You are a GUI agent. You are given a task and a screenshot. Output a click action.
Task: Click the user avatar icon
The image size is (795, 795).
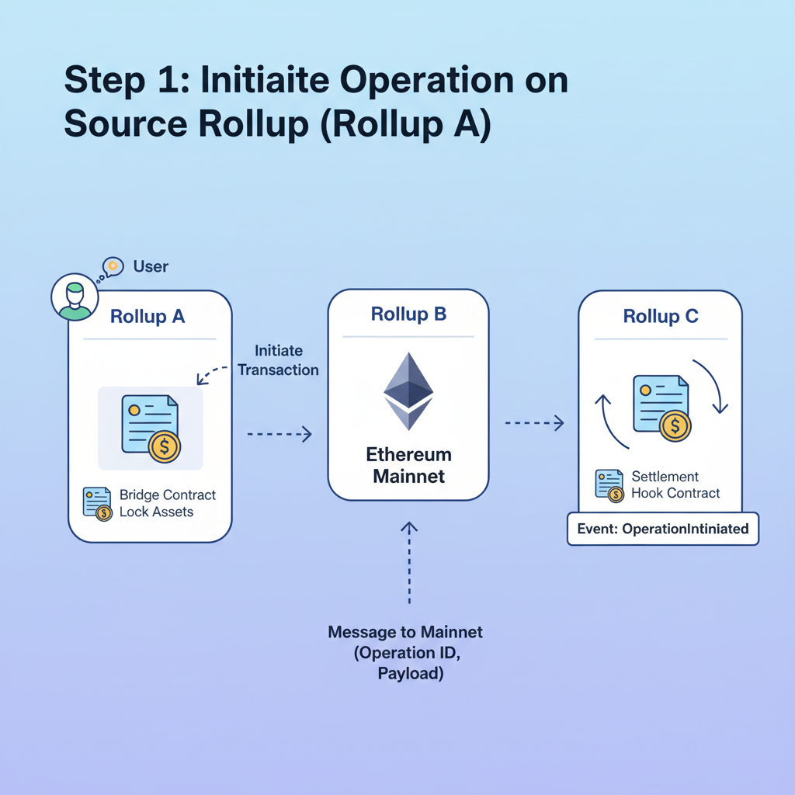pos(75,297)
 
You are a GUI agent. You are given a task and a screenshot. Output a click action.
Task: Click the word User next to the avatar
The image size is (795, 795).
pos(151,266)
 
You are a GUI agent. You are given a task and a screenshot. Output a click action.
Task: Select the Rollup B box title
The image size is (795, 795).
pos(408,314)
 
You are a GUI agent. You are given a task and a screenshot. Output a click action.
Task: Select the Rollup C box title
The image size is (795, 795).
pos(661,316)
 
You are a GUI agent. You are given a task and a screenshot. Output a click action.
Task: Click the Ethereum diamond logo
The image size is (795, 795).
pos(408,391)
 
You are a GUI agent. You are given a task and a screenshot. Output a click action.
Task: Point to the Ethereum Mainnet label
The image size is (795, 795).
pos(408,465)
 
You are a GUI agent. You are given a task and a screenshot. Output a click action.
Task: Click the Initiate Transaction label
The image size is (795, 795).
pos(278,360)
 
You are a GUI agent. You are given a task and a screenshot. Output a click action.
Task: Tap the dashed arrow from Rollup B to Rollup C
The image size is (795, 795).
pos(534,423)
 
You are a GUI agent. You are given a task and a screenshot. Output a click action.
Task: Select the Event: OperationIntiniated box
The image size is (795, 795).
pos(663,529)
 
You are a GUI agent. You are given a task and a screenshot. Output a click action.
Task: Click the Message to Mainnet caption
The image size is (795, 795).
pos(405,653)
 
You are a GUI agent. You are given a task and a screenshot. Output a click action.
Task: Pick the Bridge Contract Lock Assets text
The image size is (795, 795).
pos(167,503)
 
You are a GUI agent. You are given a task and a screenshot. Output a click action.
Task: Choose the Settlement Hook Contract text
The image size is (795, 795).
pos(675,484)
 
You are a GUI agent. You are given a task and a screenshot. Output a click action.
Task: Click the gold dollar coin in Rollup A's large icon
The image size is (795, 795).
pos(165,447)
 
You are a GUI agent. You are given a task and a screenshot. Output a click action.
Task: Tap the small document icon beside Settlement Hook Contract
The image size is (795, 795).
pos(609,485)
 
